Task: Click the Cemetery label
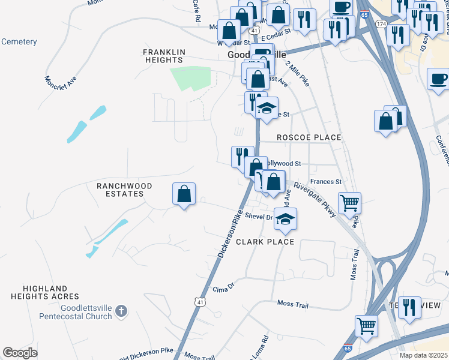(19, 42)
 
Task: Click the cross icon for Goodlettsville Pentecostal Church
(121, 311)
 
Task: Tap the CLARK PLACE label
(265, 242)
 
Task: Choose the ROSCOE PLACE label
(309, 137)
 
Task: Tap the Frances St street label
(325, 182)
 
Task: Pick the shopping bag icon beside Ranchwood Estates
(184, 194)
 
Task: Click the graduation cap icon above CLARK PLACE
(286, 219)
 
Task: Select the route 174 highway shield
(381, 23)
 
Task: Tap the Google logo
(20, 353)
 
